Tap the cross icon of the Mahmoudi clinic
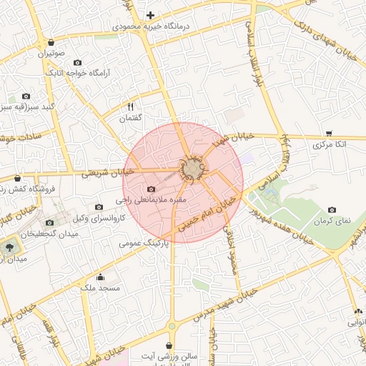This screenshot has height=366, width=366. (150, 15)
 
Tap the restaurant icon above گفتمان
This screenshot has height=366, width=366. (130, 106)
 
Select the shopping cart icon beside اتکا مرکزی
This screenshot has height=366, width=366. (328, 132)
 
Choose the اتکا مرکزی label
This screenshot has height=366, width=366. (330, 144)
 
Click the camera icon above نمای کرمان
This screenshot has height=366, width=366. (332, 209)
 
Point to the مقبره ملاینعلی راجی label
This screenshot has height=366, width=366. (152, 201)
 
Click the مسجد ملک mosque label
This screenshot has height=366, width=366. (99, 287)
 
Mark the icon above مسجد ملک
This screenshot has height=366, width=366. (100, 277)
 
